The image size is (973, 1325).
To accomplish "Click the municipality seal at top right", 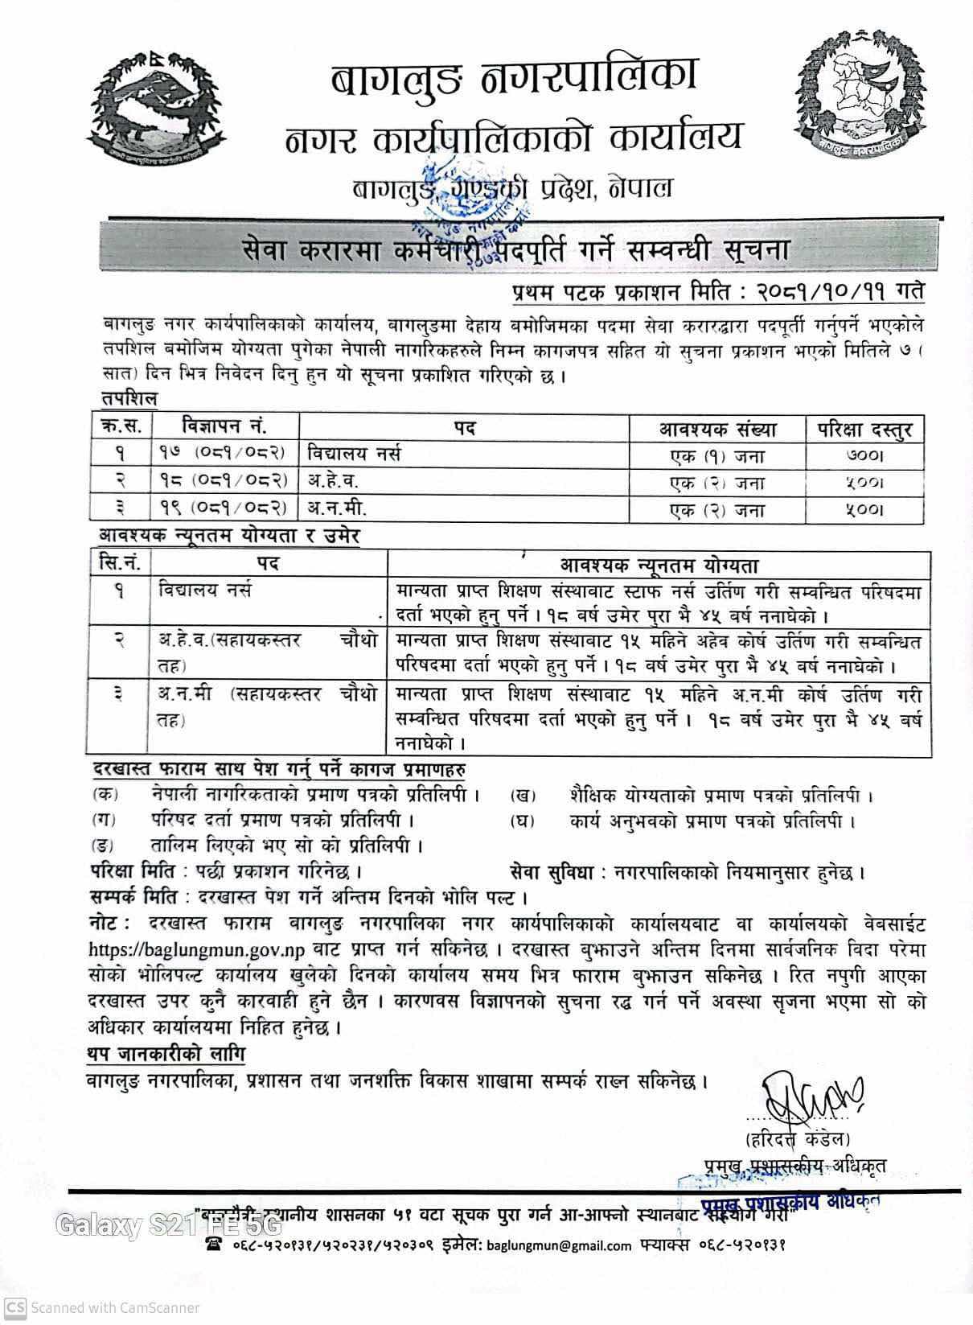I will coord(856,96).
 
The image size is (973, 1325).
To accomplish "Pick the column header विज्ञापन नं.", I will coord(224,426).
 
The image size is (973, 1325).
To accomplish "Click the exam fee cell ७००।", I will coord(864,456).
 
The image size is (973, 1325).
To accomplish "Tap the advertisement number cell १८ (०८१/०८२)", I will coord(222,481).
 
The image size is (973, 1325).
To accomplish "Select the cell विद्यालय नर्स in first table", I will coord(354,455).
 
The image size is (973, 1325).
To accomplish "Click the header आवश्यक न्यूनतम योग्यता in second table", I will coord(659,565).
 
